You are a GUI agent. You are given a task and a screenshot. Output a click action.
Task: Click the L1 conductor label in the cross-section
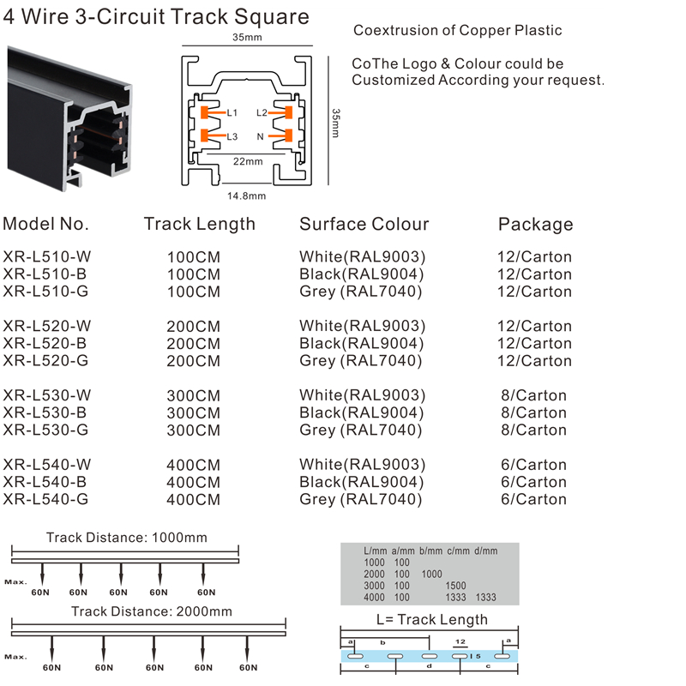click(232, 113)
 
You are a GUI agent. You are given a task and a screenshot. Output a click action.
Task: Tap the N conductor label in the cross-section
click(261, 137)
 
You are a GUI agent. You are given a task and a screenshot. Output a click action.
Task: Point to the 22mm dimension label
click(248, 161)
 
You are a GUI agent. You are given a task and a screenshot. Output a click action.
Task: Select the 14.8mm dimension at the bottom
click(246, 196)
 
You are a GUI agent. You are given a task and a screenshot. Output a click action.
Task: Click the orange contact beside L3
click(204, 135)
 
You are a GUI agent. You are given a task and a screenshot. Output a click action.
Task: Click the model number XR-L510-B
click(45, 274)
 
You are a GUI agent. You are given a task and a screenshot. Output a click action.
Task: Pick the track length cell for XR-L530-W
click(194, 395)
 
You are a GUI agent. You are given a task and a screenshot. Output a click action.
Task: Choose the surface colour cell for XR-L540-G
click(361, 499)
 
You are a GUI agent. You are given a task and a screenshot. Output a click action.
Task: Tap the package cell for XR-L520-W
click(534, 326)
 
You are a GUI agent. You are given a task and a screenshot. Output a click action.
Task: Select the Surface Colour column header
click(364, 224)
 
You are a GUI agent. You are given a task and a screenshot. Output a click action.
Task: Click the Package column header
click(535, 224)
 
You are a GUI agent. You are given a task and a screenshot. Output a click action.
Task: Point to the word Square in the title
click(271, 16)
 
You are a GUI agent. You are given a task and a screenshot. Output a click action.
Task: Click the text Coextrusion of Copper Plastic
click(458, 30)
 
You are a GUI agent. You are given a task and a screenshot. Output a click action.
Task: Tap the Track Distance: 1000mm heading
click(127, 538)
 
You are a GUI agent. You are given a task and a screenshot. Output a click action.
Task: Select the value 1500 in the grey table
click(455, 586)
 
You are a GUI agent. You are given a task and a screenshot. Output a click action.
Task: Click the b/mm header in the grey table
click(431, 551)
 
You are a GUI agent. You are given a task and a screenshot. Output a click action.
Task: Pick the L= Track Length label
click(432, 619)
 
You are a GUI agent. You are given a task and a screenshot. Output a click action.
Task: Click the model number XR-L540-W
click(47, 465)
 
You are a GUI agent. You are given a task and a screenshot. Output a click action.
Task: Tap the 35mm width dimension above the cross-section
click(247, 37)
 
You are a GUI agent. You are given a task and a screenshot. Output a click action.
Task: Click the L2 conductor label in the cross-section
click(262, 113)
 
